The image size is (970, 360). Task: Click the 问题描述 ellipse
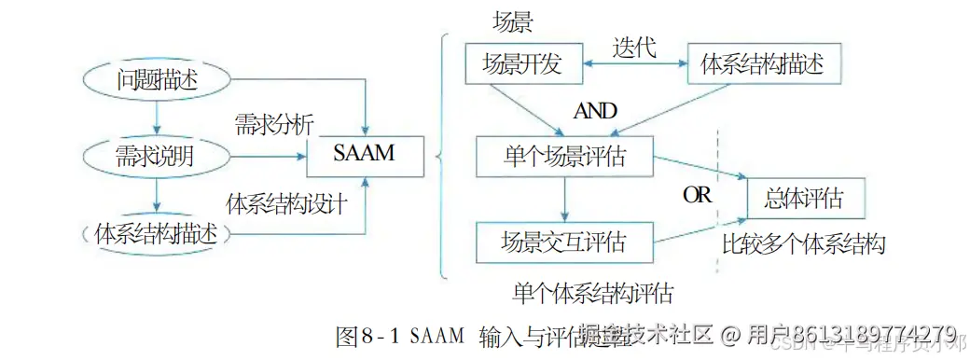coord(157,80)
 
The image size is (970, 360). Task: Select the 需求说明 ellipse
coord(157,156)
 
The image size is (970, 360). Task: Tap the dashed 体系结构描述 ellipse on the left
coord(157,233)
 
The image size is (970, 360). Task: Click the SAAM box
coord(365,155)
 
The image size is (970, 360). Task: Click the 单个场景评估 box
coord(563,156)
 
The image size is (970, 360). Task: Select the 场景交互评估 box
coord(563,243)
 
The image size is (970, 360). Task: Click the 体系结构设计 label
coord(287,202)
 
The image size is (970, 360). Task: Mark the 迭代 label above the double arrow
coord(633,46)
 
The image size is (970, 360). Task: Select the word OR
coord(697,196)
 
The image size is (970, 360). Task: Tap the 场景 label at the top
coord(512,21)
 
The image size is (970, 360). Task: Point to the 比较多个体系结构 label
coord(803,244)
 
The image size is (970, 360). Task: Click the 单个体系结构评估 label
coord(592,292)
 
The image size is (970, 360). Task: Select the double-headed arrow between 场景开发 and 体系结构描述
coord(635,64)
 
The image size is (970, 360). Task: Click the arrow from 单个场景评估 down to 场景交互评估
coord(563,199)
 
